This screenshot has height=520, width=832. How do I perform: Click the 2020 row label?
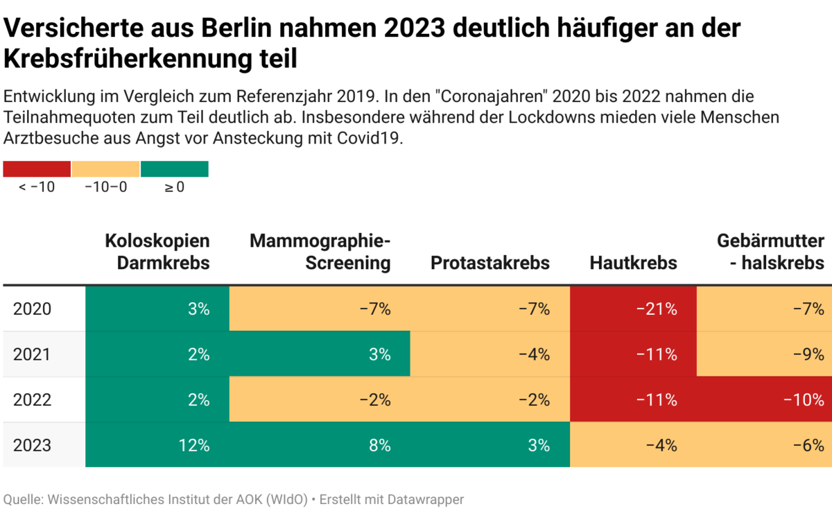pos(32,309)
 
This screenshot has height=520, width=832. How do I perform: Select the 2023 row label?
pos(32,444)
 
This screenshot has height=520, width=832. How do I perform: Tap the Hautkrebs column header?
pos(633,263)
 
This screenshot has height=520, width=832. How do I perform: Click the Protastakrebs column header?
pos(489,263)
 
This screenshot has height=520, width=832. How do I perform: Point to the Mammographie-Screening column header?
pos(320,252)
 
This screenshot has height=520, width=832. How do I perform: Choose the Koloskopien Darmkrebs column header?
pos(157,252)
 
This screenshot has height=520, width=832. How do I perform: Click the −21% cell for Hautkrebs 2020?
pos(633,309)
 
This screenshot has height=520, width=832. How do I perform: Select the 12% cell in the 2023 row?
pos(157,444)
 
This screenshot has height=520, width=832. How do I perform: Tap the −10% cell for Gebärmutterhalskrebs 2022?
pos(764,399)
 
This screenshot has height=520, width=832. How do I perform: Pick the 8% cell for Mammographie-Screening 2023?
pos(320,444)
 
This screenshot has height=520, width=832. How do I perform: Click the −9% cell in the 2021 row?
pos(764,354)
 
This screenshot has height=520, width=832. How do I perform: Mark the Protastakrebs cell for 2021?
pos(489,354)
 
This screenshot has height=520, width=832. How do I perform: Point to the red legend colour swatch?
pos(37,169)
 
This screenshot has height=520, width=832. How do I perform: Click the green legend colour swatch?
pos(175,169)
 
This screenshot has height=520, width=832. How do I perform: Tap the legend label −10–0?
pos(105,187)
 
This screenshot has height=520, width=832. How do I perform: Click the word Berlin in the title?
pos(240,29)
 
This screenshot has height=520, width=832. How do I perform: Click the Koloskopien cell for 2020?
pos(157,309)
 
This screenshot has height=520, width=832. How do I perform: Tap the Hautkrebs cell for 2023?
pos(633,444)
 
